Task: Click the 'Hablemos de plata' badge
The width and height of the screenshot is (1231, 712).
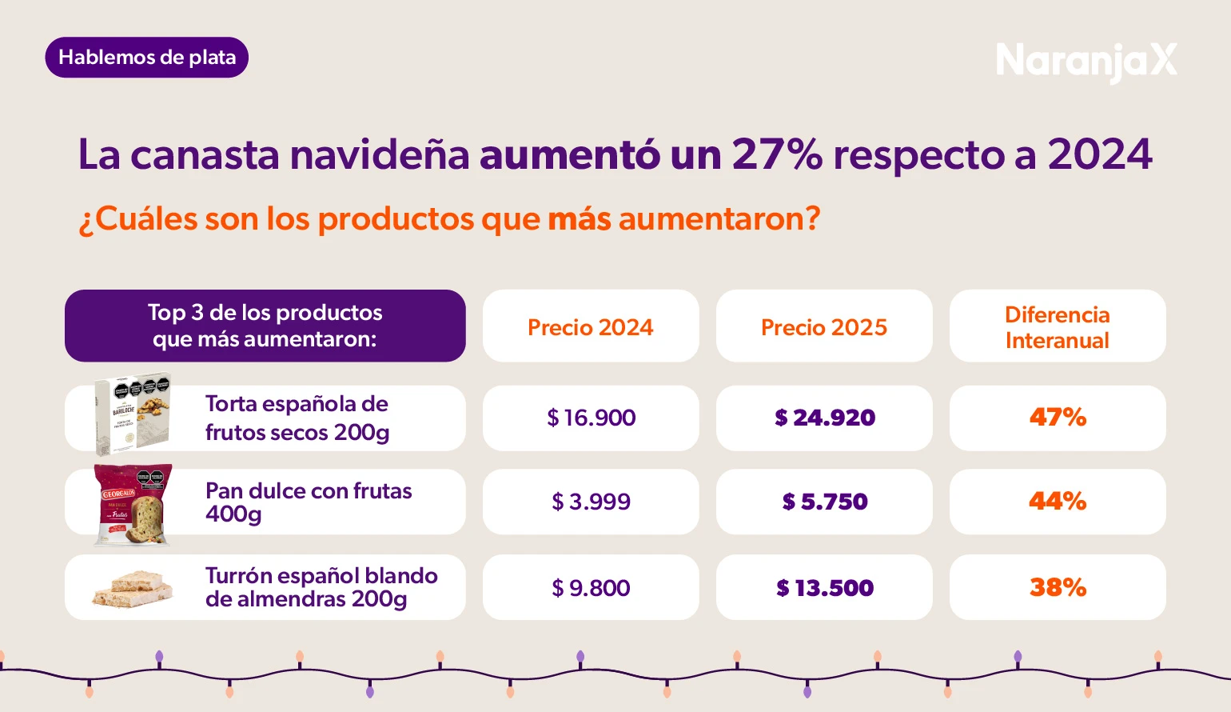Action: pos(147,58)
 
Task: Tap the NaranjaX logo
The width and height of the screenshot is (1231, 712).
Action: pos(1086,61)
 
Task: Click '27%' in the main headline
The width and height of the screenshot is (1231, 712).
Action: pos(777,154)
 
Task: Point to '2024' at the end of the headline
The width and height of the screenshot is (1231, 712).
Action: pos(1100,154)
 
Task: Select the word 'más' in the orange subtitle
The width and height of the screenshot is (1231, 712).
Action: pos(580,218)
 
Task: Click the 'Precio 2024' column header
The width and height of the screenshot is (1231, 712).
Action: pos(591,326)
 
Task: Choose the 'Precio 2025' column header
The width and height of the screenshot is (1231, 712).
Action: pos(824,326)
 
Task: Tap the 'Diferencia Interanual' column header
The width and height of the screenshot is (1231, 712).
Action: pos(1058,326)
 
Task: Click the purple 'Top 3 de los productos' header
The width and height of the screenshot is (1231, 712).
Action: pos(265,326)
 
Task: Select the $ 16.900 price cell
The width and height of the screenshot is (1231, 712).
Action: pos(591,418)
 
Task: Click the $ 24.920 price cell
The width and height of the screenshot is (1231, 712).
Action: pos(824,418)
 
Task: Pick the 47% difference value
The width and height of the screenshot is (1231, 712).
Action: pos(1058,418)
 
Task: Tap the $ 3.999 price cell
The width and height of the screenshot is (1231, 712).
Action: pos(591,502)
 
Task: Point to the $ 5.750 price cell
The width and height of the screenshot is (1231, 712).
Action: pos(824,502)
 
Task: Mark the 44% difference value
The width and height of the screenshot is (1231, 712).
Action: pos(1058,502)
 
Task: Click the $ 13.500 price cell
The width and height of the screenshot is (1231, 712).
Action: pos(824,588)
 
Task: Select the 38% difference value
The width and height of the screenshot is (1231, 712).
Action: pos(1058,588)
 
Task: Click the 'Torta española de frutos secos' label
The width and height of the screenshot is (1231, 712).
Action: pos(297,418)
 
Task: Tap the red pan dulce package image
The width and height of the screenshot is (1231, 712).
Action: pos(133,504)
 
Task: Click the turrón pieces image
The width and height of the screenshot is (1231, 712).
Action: pos(132,589)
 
